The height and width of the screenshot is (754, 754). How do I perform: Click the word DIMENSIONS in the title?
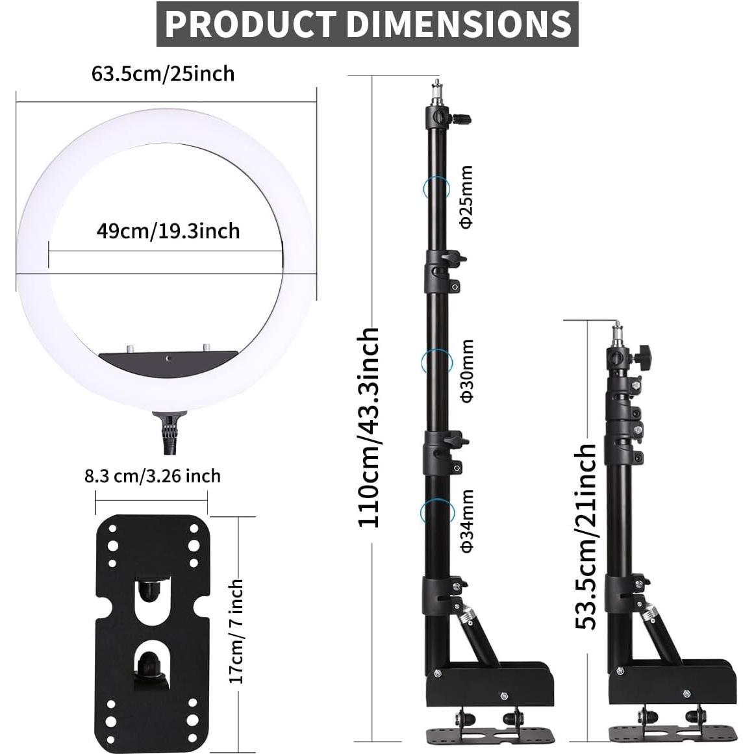click(x=459, y=24)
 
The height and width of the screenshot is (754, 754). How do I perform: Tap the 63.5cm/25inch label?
click(x=162, y=74)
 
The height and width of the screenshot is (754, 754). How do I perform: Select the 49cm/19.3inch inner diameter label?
click(x=168, y=231)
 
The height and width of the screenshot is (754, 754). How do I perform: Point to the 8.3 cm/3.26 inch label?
click(x=152, y=476)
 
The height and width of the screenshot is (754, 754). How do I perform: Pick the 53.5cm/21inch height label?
click(x=586, y=536)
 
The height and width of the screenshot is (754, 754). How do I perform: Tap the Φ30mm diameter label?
click(x=466, y=371)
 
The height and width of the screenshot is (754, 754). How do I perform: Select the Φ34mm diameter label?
click(x=466, y=521)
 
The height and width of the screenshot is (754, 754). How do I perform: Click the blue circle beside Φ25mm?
click(x=435, y=188)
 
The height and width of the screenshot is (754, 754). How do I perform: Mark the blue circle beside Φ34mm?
click(x=435, y=512)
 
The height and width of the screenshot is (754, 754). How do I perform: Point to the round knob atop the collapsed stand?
click(x=644, y=357)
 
